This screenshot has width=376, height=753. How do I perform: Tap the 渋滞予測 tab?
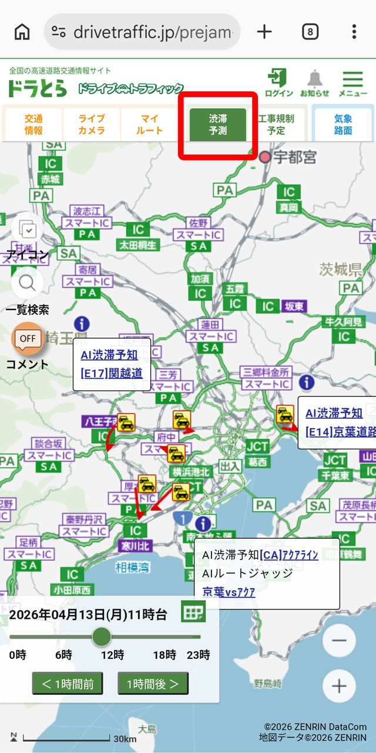[x=218, y=124]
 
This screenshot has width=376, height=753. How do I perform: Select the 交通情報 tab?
[x=33, y=124]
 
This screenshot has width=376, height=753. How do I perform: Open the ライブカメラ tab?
[x=92, y=124]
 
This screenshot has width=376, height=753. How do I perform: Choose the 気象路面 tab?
[x=343, y=124]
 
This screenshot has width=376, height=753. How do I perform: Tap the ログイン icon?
[x=278, y=83]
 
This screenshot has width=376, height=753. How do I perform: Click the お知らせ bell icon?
[x=315, y=83]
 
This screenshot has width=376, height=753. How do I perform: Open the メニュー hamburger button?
[x=352, y=83]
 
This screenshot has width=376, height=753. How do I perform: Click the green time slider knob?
[x=102, y=637]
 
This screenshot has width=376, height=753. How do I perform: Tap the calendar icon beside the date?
[x=193, y=612]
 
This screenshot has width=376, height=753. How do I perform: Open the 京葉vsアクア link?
[x=229, y=592]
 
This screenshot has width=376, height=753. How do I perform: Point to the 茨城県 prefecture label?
[x=341, y=270]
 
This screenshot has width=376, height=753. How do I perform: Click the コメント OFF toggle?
[x=28, y=339]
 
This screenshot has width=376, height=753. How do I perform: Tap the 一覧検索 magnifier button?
[x=28, y=284]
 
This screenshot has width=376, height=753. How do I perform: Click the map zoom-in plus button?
[x=339, y=686]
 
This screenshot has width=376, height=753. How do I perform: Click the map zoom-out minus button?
[x=339, y=641]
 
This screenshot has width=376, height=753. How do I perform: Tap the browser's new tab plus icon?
[x=265, y=32]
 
